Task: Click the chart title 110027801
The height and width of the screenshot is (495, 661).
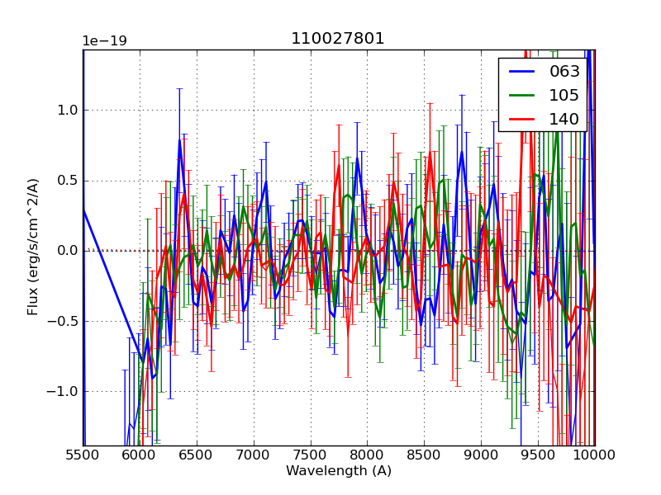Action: (x=338, y=39)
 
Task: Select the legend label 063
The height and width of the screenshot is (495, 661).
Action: (x=564, y=71)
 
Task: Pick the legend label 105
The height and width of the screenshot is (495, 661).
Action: (x=564, y=95)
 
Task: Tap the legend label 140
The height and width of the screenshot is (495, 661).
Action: (x=564, y=119)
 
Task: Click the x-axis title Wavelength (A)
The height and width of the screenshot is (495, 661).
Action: (x=339, y=471)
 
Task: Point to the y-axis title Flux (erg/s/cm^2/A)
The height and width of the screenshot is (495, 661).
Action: (x=33, y=247)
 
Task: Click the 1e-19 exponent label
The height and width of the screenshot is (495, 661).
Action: (x=104, y=41)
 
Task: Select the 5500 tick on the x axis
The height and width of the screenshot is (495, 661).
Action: (x=83, y=455)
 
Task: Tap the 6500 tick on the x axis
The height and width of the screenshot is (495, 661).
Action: (x=197, y=455)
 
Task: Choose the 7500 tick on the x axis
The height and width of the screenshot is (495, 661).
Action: (x=311, y=455)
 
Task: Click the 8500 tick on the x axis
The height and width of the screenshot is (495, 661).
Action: (x=424, y=455)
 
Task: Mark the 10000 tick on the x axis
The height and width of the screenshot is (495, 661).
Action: (x=595, y=455)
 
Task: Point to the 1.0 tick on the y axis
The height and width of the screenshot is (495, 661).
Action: (x=67, y=111)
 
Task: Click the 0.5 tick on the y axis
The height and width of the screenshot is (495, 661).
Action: (x=67, y=181)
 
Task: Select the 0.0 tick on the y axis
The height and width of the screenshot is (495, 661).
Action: (x=67, y=251)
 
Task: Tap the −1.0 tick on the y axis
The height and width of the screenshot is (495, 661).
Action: (x=64, y=391)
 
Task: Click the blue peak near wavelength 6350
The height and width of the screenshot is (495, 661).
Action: (x=179, y=140)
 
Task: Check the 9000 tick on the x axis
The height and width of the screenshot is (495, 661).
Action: (x=481, y=455)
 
